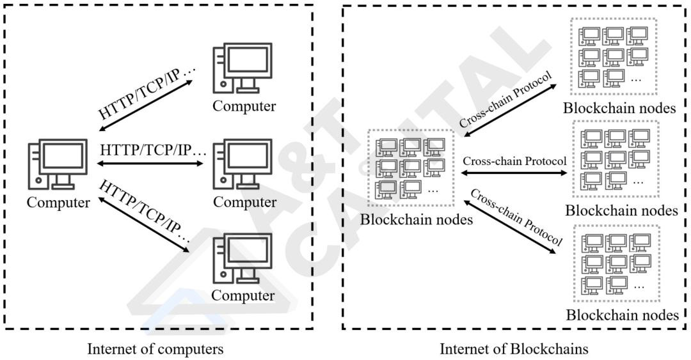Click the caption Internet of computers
[155, 350]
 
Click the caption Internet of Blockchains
[514, 350]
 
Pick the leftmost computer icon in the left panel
[58, 164]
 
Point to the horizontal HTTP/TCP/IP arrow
[152, 164]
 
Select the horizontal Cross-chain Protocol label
[515, 161]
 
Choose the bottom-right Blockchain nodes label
[622, 315]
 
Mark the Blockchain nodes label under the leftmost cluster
[417, 220]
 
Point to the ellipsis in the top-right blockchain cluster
[636, 80]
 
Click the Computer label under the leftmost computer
[58, 203]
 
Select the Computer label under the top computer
[244, 106]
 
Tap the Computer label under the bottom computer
[243, 295]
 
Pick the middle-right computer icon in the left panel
[243, 165]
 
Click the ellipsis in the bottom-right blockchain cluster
[638, 286]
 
